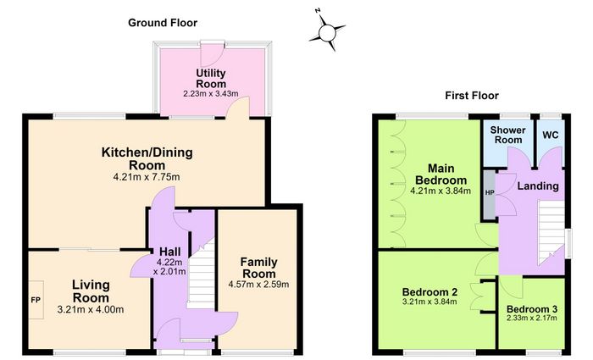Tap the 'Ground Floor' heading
(x=163, y=23)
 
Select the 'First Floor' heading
(x=472, y=96)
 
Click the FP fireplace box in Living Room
(x=36, y=300)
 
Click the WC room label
(x=550, y=135)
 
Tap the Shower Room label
(x=508, y=135)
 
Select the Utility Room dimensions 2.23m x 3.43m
(x=211, y=93)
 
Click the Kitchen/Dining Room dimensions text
(x=147, y=176)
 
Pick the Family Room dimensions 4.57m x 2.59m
(x=258, y=284)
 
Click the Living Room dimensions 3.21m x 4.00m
(x=91, y=310)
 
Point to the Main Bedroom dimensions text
(x=441, y=191)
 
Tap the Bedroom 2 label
(x=430, y=292)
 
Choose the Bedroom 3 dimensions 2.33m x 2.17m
(x=532, y=318)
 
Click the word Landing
(x=538, y=186)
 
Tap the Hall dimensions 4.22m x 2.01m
(x=169, y=267)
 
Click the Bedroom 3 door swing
(x=511, y=287)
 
